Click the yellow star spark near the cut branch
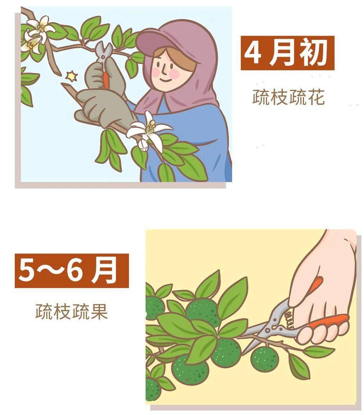point(71,76)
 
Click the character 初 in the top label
point(313,53)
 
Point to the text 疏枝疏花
point(288,97)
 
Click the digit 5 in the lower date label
point(27,271)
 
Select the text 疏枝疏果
point(72,312)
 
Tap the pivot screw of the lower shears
point(268,330)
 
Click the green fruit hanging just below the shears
point(265,359)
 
